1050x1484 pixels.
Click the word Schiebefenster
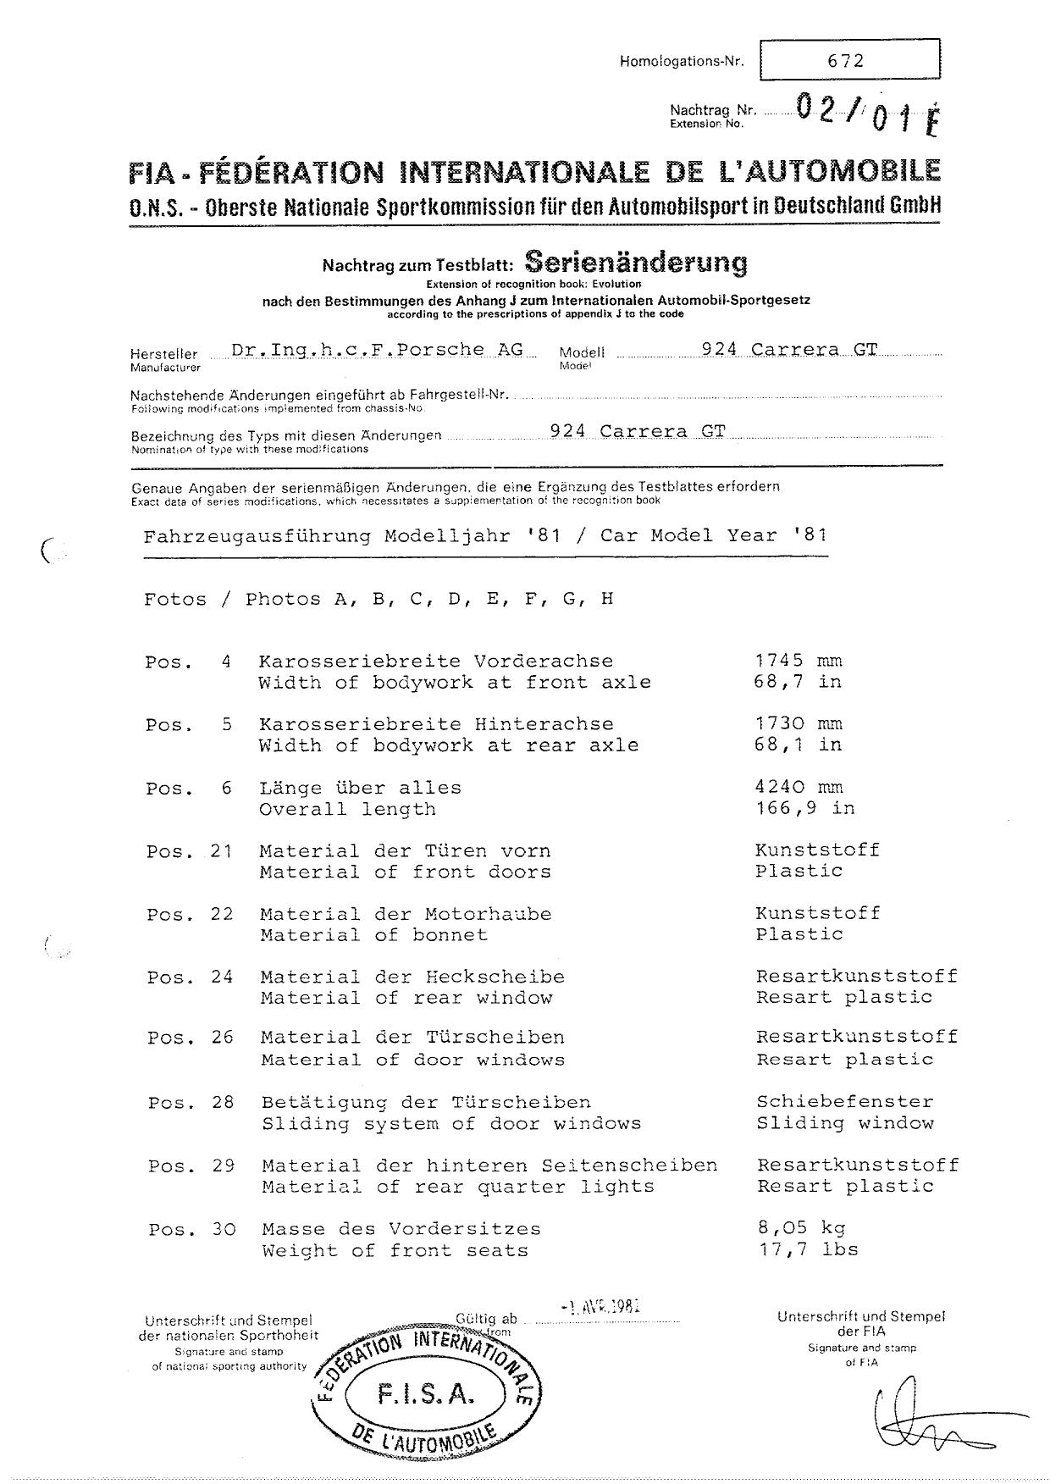tap(845, 1102)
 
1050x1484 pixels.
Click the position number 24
tap(222, 977)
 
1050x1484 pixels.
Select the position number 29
tap(224, 1166)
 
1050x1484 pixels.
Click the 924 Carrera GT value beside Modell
tap(789, 350)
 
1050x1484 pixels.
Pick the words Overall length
tap(347, 810)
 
